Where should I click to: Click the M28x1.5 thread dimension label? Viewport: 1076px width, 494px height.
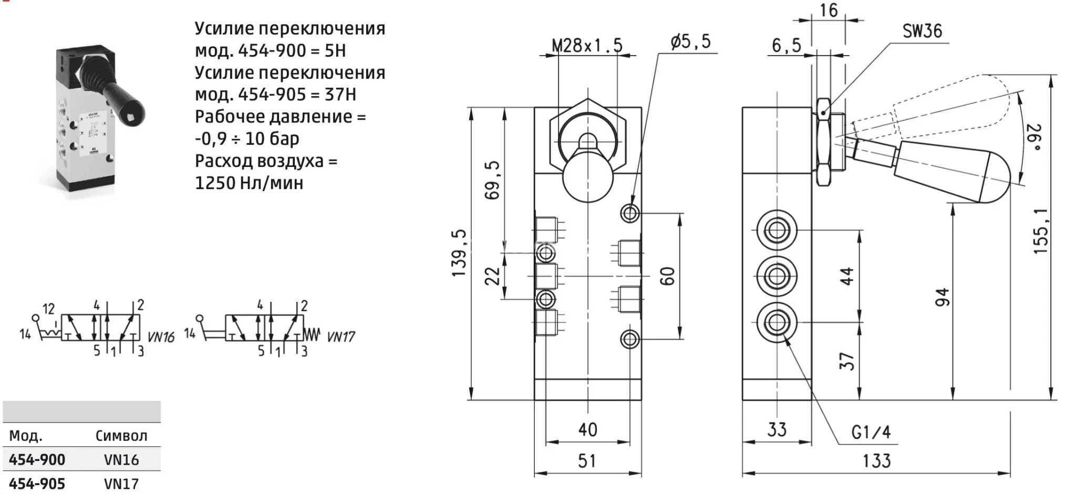click(587, 46)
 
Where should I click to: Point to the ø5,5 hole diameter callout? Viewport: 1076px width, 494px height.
click(690, 41)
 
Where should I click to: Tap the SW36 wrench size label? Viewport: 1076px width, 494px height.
click(922, 31)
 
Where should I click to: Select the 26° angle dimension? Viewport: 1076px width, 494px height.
click(1033, 138)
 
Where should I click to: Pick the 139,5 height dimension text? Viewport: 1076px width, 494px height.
click(459, 253)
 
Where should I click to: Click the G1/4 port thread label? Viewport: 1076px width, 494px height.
click(871, 432)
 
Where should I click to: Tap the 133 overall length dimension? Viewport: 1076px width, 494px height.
click(876, 461)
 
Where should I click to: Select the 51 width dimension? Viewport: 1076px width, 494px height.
click(587, 461)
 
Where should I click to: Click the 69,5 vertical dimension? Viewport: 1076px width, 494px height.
click(492, 180)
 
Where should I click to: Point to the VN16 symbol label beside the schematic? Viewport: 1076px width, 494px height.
click(160, 337)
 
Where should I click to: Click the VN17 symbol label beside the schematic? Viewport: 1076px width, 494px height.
click(341, 337)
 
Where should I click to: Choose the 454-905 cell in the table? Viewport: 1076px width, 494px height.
click(37, 484)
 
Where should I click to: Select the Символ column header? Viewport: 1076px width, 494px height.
click(121, 436)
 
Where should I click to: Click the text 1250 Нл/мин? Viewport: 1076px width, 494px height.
click(249, 183)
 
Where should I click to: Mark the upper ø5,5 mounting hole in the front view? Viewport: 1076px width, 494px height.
click(630, 213)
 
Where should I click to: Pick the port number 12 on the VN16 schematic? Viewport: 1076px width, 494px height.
click(48, 309)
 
